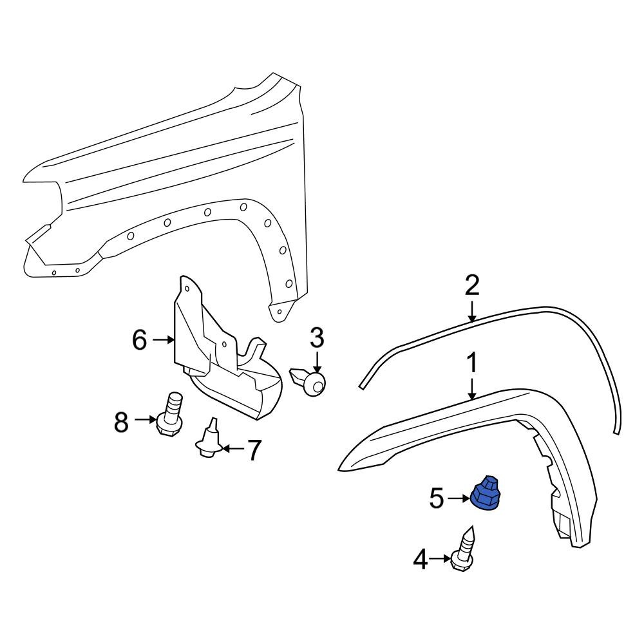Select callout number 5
click(437, 498)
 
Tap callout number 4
click(421, 560)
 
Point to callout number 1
click(472, 364)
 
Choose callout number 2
click(472, 285)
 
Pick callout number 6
click(140, 339)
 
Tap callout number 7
click(254, 451)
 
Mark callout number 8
click(121, 423)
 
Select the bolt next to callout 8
click(170, 417)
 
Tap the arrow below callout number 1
click(472, 388)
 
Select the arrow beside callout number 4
click(442, 560)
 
